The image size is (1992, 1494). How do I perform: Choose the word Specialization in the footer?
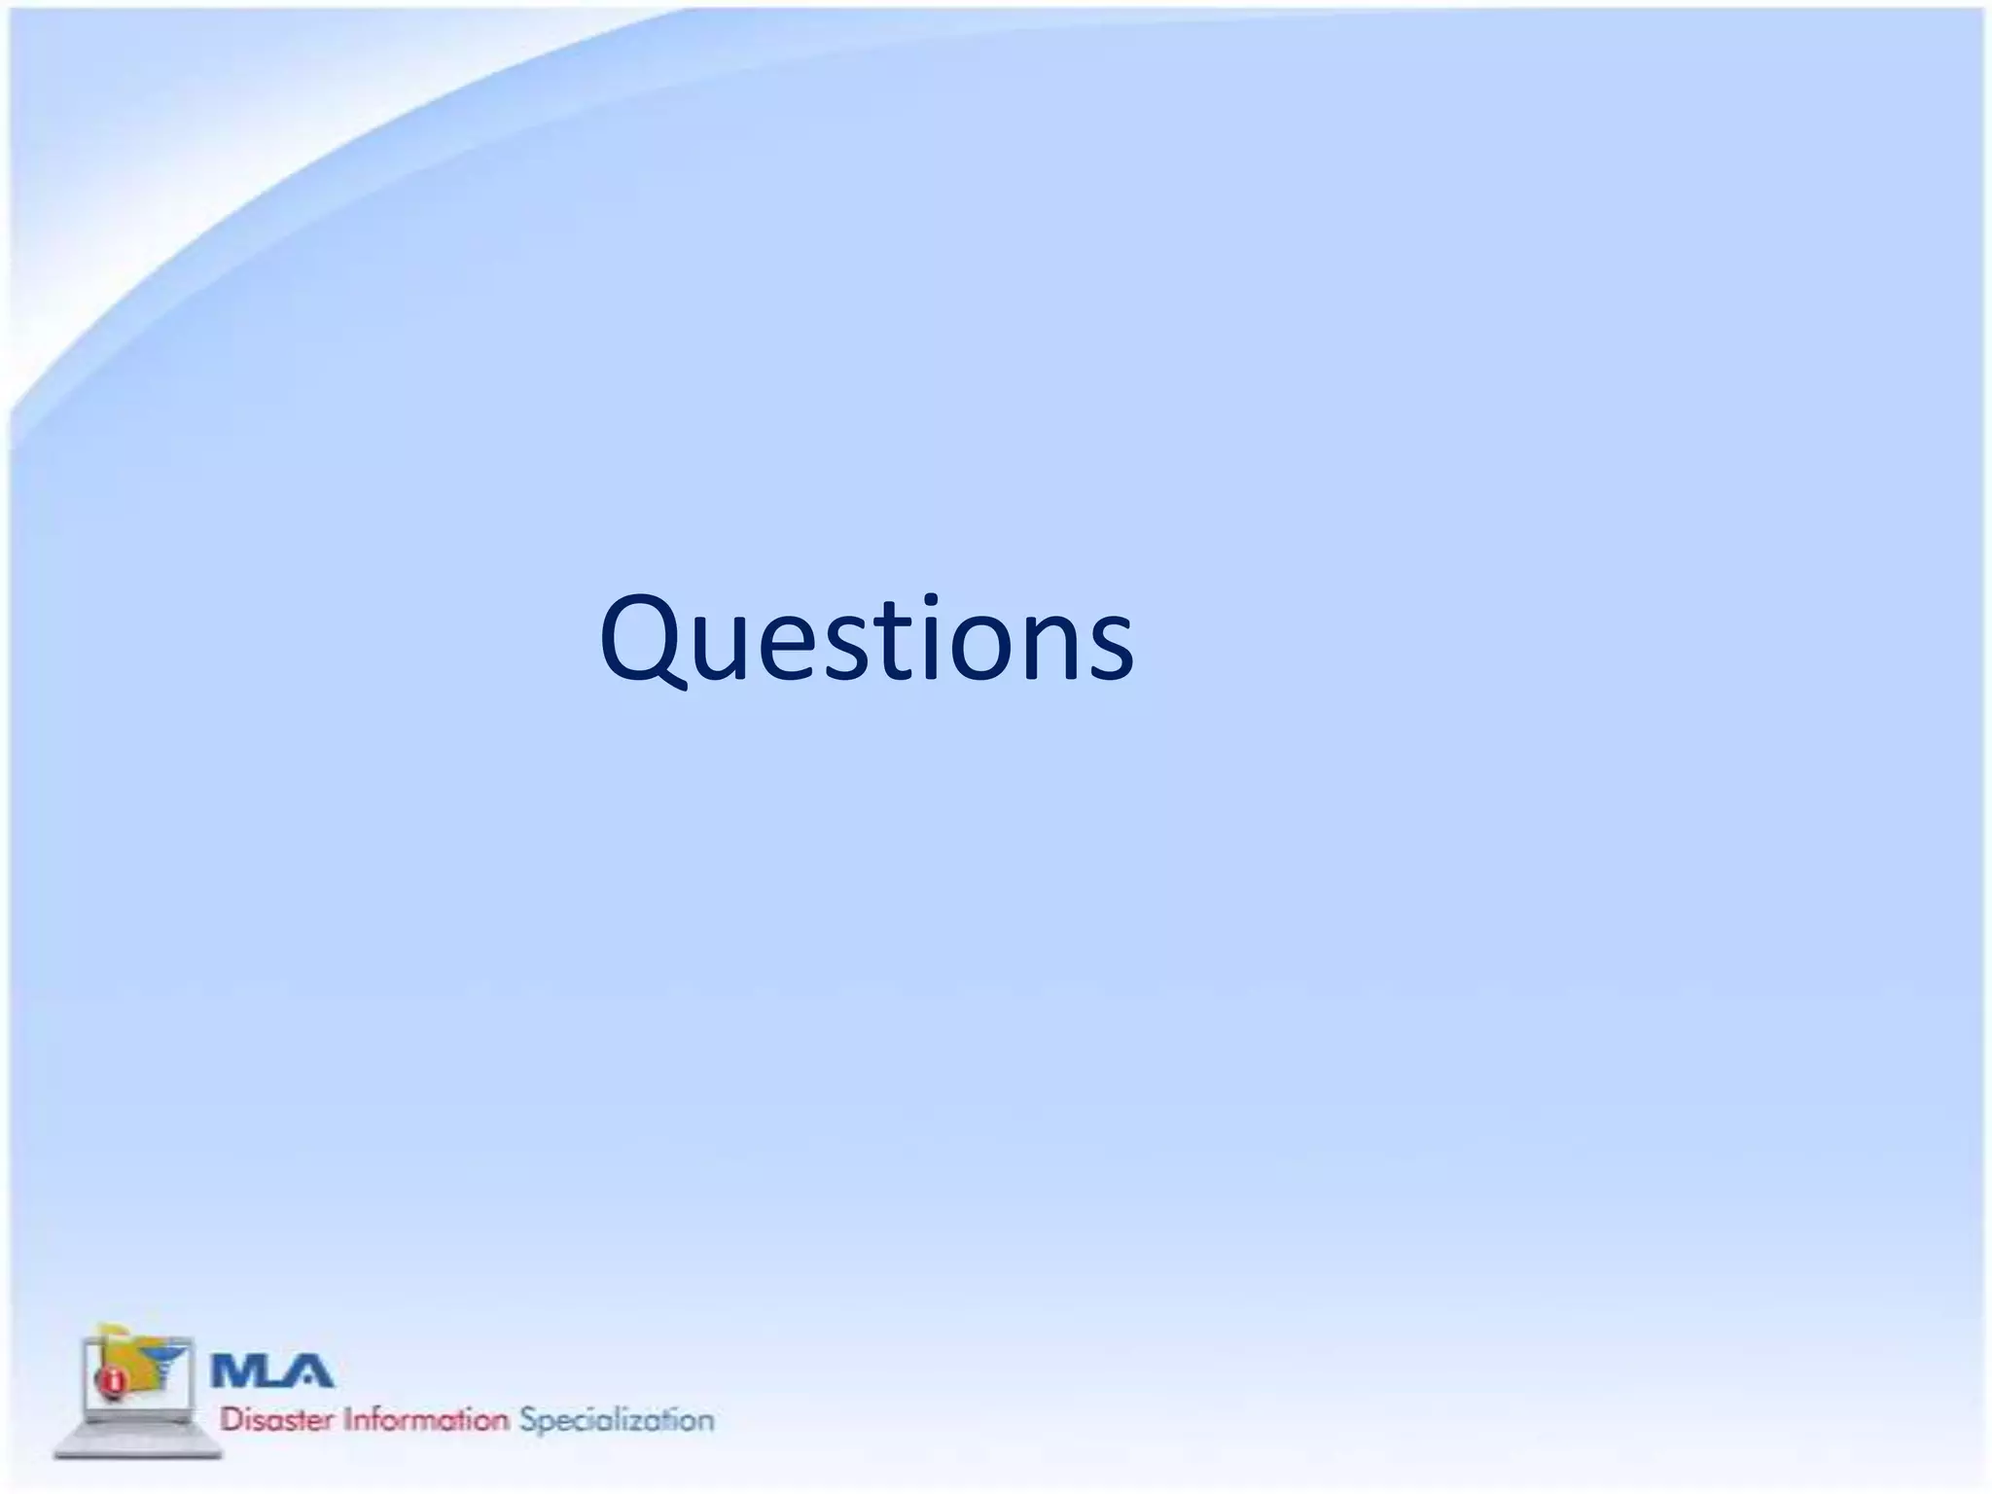click(x=617, y=1419)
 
